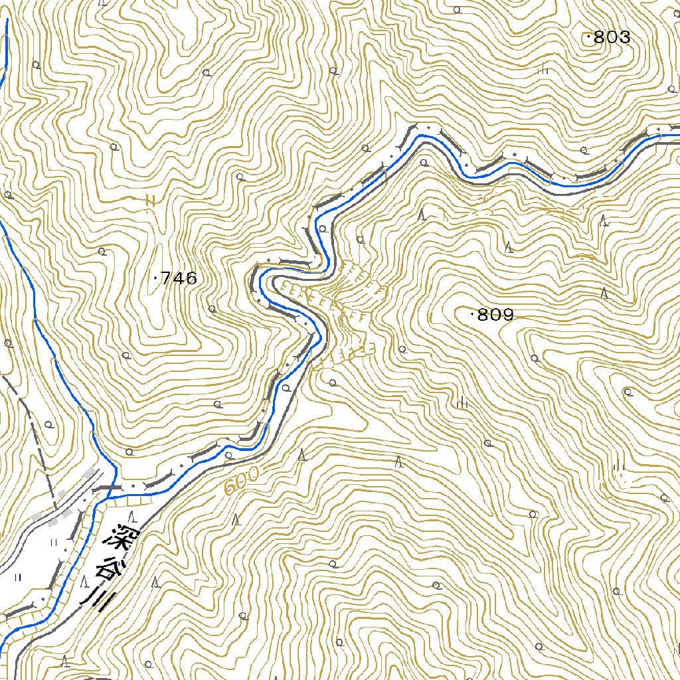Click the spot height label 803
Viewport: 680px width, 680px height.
[611, 38]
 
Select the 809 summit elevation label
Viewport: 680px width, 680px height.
[495, 315]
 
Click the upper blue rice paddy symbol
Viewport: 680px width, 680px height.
[54, 543]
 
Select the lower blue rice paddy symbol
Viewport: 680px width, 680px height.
[18, 577]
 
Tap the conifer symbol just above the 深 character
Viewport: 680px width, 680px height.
[133, 516]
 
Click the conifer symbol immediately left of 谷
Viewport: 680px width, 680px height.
[84, 582]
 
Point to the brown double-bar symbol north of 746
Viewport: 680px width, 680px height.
[150, 199]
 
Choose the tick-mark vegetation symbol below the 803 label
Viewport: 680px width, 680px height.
[544, 69]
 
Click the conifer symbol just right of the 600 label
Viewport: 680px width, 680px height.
[302, 455]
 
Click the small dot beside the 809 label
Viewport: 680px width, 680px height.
[472, 314]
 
